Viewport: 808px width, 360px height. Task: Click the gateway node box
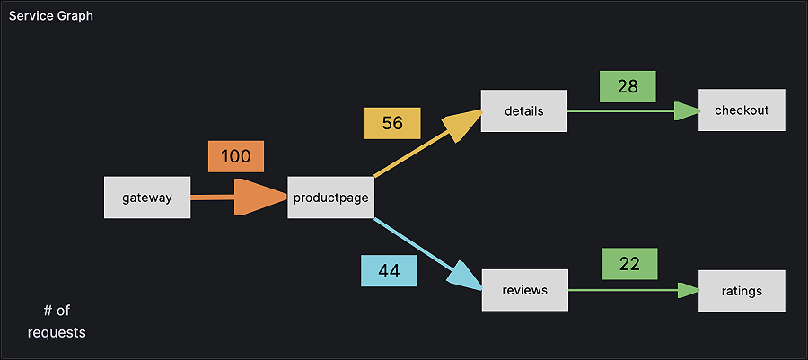coord(147,198)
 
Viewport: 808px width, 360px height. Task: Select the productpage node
coord(330,198)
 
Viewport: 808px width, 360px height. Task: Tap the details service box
coord(523,110)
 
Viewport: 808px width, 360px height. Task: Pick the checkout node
coord(742,110)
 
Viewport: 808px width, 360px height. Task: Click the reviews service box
coord(524,290)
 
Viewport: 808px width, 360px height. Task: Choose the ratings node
coord(742,290)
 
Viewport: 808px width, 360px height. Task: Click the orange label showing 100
coord(236,156)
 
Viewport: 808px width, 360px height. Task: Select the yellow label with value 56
coord(392,123)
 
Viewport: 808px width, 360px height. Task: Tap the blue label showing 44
coord(389,271)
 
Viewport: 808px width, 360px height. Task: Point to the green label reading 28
coord(628,86)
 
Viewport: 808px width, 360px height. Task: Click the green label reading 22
coord(629,264)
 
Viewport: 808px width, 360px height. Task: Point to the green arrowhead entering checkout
coord(687,110)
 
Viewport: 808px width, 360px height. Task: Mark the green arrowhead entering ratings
coord(688,290)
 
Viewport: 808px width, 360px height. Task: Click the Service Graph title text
coord(50,16)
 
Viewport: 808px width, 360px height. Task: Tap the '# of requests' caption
coord(57,321)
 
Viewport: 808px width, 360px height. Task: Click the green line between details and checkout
coord(619,110)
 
